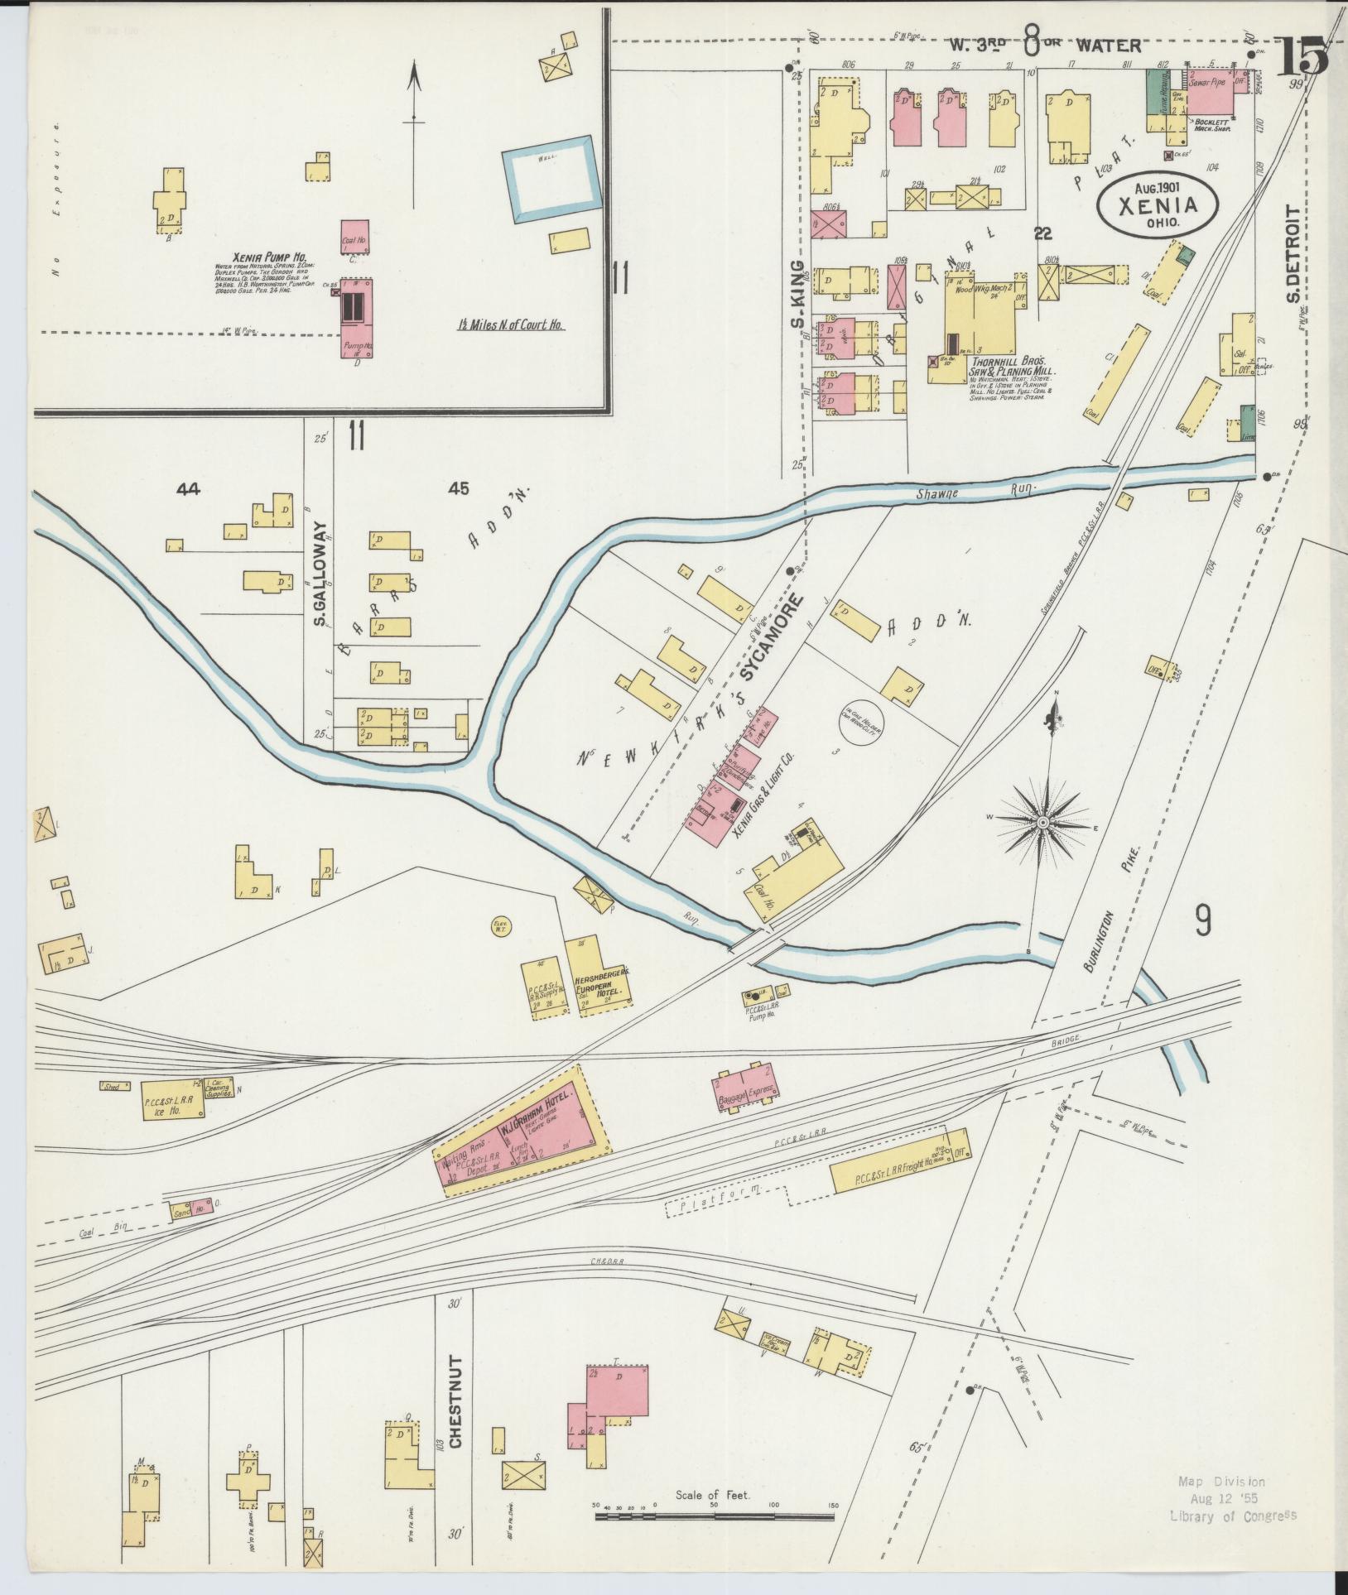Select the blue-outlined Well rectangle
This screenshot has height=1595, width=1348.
(548, 179)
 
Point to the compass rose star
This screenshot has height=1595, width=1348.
(1043, 822)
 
